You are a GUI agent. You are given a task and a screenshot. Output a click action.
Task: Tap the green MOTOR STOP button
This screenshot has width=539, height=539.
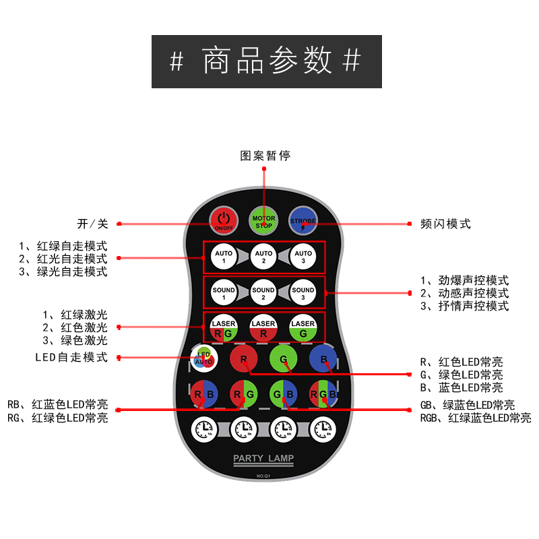[263, 220]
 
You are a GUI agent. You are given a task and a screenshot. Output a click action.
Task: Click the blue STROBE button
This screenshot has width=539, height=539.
[303, 220]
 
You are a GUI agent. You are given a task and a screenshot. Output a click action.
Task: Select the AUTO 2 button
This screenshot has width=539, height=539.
[263, 257]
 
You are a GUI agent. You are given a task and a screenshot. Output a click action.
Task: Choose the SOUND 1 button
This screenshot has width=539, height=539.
[224, 293]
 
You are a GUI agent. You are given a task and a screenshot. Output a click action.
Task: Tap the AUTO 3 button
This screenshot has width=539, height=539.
[303, 257]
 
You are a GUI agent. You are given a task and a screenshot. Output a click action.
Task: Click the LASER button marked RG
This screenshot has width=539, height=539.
[224, 329]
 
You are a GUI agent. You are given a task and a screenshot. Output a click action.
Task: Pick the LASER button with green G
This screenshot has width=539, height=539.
[303, 329]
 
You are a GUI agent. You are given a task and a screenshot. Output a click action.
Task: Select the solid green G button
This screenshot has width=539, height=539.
[284, 358]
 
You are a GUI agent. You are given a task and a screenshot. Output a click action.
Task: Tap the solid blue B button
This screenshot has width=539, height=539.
[323, 358]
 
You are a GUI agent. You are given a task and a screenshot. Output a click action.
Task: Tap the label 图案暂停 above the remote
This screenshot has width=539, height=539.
[265, 156]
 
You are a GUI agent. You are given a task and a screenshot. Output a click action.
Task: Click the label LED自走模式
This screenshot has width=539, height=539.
[71, 358]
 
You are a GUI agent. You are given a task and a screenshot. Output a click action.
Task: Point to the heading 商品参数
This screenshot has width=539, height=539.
[267, 61]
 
